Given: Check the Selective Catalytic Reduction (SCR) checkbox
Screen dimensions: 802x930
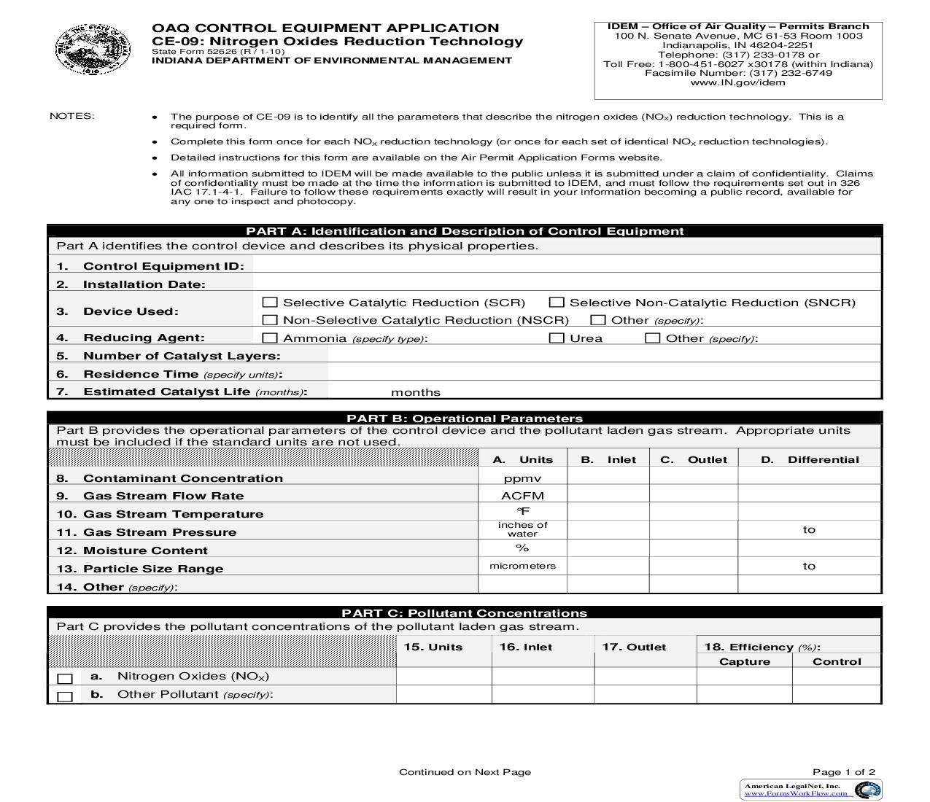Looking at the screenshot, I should [270, 302].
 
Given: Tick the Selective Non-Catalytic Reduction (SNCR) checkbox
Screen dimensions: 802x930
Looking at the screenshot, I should [557, 302].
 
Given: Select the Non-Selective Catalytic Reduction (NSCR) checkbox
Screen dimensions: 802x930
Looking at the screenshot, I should [270, 319].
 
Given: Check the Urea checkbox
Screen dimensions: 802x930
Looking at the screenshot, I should [557, 338].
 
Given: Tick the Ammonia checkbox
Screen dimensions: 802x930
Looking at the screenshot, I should [270, 338].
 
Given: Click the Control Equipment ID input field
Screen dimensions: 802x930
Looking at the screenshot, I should [566, 265].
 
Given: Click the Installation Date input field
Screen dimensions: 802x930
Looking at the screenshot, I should [566, 284].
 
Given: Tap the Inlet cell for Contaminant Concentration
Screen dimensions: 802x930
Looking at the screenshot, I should [608, 478].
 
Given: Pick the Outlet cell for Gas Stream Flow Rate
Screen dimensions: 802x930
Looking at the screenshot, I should [693, 496].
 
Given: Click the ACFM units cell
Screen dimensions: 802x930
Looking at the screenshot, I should [522, 496].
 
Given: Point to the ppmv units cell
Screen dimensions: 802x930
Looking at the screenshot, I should [522, 478].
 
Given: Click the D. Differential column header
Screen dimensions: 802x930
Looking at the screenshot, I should [810, 459].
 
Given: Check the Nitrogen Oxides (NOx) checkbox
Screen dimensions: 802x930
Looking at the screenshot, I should [65, 678].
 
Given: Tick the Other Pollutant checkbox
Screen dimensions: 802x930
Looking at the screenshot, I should [65, 696].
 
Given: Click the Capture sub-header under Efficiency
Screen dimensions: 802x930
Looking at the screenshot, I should [744, 661].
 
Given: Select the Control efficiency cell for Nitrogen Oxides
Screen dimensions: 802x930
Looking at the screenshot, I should [836, 676].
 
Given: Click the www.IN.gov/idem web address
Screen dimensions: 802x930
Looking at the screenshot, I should [737, 82].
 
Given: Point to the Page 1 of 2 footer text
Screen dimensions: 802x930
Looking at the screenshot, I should [844, 771].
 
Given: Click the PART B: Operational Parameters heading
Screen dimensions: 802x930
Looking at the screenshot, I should [465, 418].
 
